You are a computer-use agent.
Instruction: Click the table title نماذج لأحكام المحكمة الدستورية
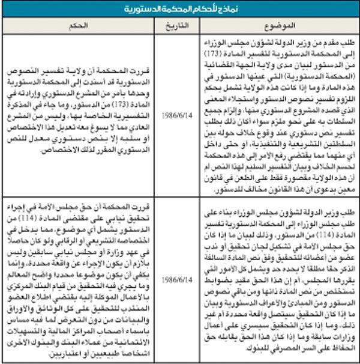pyautogui.click(x=180, y=8)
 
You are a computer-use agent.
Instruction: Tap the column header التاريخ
pyautogui.click(x=172, y=26)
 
